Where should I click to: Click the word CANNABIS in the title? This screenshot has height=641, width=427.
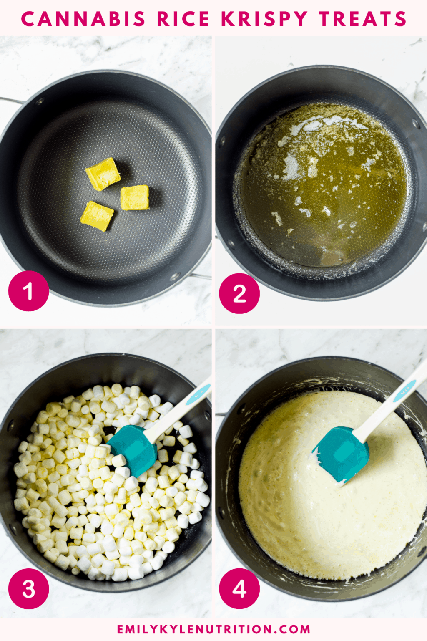click(83, 19)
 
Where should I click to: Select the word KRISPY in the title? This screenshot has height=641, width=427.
click(264, 19)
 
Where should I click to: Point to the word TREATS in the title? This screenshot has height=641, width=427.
click(362, 19)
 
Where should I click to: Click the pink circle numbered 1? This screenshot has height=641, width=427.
click(28, 291)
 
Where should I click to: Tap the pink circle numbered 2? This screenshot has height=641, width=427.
click(239, 294)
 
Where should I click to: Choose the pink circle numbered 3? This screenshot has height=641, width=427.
click(28, 588)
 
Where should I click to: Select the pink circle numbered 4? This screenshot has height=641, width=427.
click(239, 588)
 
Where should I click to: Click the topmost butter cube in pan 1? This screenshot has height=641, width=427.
click(103, 174)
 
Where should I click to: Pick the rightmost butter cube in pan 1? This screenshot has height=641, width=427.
click(135, 197)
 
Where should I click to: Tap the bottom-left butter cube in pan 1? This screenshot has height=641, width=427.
click(97, 216)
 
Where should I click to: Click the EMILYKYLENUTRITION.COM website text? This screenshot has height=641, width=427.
click(213, 629)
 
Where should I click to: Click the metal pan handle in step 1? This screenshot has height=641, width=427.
click(10, 100)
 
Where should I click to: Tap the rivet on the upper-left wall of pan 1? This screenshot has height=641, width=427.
click(40, 101)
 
